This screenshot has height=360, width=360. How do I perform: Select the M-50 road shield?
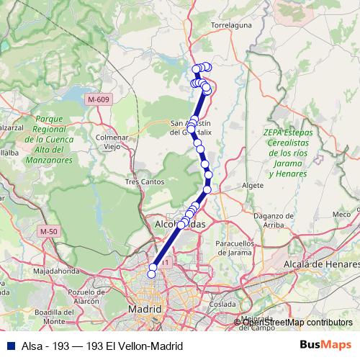click(x=48, y=231)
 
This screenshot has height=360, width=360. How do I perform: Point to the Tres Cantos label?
click(x=145, y=181)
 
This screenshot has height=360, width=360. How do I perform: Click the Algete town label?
click(x=253, y=185)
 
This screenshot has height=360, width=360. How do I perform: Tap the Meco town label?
click(x=341, y=214)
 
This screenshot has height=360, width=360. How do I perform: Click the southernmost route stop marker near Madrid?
click(x=152, y=272)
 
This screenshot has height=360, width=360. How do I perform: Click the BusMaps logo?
click(x=330, y=345)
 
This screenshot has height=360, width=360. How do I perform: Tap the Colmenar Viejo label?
click(x=112, y=141)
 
